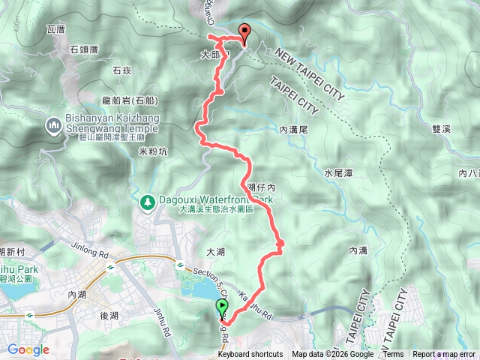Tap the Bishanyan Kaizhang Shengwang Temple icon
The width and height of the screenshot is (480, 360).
click(x=53, y=124)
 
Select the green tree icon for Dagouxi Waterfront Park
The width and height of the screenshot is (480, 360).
click(x=147, y=201)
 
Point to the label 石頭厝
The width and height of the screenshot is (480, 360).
click(x=84, y=49)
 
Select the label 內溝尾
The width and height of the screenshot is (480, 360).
click(x=293, y=130)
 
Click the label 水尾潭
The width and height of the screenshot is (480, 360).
click(x=339, y=173)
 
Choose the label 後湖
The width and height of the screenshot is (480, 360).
click(x=109, y=316)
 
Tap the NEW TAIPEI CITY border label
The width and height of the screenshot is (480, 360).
click(x=309, y=74)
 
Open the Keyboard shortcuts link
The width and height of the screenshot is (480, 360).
click(x=250, y=355)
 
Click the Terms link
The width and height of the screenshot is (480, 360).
click(x=394, y=355)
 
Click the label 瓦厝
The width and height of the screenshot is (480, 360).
click(x=56, y=29)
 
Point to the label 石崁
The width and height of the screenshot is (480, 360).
click(x=121, y=70)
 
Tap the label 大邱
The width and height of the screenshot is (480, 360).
click(x=211, y=55)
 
